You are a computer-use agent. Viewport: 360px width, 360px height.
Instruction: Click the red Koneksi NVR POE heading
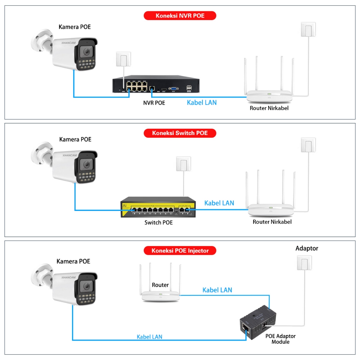(180, 16)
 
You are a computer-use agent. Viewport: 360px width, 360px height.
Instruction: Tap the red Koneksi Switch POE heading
(180, 133)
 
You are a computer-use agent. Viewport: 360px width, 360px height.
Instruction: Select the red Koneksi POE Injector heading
(180, 251)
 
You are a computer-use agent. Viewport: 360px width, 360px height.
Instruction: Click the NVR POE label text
(154, 103)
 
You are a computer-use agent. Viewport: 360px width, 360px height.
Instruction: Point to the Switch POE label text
(159, 223)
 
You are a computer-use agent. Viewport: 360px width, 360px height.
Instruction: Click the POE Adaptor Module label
(280, 339)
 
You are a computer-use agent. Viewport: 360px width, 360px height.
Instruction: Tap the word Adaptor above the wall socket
(307, 248)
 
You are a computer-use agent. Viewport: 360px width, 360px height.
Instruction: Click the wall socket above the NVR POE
(123, 59)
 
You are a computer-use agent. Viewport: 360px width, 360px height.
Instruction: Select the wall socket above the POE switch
(184, 164)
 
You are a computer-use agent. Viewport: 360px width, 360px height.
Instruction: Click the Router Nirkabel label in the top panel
(269, 108)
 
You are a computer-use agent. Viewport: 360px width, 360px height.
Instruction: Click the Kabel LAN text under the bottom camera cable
(149, 337)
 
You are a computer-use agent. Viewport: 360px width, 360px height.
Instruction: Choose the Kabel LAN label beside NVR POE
(201, 103)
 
